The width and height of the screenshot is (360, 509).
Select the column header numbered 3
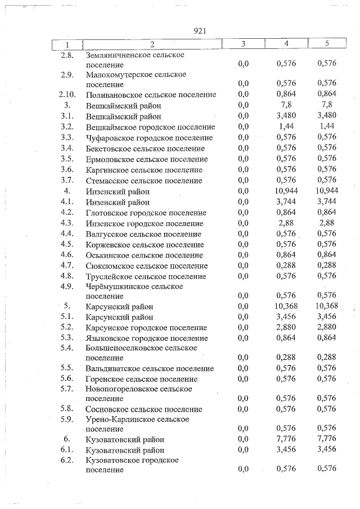(x=243, y=44)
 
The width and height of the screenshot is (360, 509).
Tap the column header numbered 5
(x=326, y=44)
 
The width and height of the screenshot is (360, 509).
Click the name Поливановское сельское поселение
(x=151, y=95)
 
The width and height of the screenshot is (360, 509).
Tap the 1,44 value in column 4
(x=286, y=127)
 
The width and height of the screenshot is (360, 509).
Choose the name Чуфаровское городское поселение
(x=149, y=138)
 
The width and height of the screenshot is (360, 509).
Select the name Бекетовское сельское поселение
(x=145, y=148)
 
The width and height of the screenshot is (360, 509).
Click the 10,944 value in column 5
(x=326, y=191)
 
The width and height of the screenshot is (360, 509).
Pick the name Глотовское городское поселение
(x=146, y=213)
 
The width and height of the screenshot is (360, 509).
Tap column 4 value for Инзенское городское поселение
(x=286, y=223)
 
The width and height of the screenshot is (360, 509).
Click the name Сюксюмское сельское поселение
(x=146, y=266)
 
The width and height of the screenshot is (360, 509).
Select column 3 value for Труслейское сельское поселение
(x=243, y=277)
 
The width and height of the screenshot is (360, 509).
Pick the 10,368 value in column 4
(x=286, y=307)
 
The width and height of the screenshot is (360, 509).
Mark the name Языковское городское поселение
(x=147, y=339)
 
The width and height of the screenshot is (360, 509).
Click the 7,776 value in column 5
(x=326, y=439)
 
